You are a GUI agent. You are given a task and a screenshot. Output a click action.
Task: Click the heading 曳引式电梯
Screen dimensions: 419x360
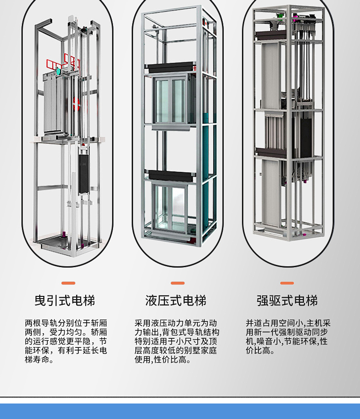click(65, 301)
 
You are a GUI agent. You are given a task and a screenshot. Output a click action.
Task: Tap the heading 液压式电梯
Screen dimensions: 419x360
click(176, 301)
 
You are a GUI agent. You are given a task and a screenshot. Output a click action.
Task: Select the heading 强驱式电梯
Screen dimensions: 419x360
click(287, 301)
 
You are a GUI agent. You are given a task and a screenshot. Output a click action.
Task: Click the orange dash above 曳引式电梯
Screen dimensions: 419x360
click(68, 283)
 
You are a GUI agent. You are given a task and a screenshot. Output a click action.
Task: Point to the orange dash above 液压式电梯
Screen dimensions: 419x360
click(178, 283)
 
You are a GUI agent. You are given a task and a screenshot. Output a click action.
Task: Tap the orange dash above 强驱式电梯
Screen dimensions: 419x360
click(287, 283)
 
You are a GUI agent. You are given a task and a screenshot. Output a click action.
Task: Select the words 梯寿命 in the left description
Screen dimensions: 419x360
click(38, 360)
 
